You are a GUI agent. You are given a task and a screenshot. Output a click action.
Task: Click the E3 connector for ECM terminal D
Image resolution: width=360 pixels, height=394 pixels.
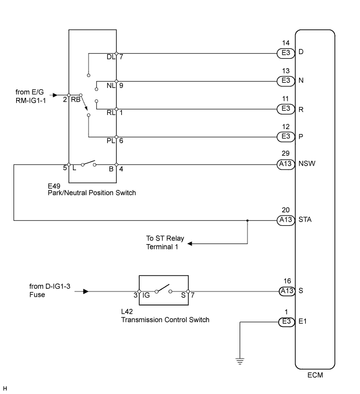tap(284, 53)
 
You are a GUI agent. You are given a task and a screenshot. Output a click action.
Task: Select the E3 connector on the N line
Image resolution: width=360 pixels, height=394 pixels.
tap(284, 81)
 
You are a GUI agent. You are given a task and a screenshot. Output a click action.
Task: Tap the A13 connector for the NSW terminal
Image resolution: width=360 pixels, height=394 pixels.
tap(284, 163)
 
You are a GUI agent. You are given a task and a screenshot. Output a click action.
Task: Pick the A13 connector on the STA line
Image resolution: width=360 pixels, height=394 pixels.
tap(284, 220)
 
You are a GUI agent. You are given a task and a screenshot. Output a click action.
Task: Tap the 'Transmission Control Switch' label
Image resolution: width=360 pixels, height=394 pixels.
tap(165, 320)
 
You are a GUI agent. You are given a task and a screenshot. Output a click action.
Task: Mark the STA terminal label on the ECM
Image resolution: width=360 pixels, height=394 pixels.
tap(305, 220)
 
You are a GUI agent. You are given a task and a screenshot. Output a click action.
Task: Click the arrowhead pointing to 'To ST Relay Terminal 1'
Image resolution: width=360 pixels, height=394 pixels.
tap(190, 243)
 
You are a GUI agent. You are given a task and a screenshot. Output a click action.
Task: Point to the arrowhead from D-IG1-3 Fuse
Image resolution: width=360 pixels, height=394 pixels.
tap(85, 291)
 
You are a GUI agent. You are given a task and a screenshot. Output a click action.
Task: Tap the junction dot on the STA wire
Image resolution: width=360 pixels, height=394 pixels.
tap(247, 220)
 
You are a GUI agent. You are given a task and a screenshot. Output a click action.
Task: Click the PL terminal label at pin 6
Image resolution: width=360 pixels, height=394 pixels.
tap(110, 141)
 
